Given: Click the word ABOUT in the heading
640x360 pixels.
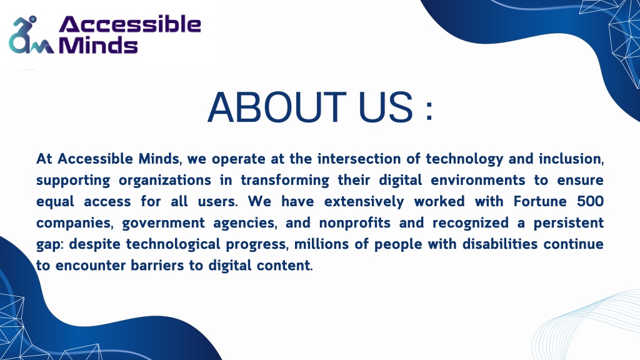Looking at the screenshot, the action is [x=277, y=107].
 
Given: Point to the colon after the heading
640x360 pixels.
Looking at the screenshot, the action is [x=429, y=111].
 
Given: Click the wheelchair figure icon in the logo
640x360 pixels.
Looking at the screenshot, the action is [x=31, y=35].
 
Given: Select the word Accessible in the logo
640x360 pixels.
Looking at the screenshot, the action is [x=130, y=24].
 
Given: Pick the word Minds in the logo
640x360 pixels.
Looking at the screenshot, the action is [x=98, y=45].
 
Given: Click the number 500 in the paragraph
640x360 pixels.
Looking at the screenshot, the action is [x=590, y=201].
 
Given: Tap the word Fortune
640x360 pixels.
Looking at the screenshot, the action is [x=541, y=201].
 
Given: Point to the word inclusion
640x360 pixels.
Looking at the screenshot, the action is [x=571, y=158].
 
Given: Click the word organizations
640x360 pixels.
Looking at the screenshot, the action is [x=165, y=181].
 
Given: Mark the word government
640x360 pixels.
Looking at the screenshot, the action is [x=163, y=223].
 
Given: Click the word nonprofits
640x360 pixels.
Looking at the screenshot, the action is [x=355, y=222].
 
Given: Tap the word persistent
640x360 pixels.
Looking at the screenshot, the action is [x=569, y=222].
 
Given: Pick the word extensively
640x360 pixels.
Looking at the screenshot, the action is [x=364, y=201].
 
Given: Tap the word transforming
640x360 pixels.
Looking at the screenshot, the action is [x=285, y=181].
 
